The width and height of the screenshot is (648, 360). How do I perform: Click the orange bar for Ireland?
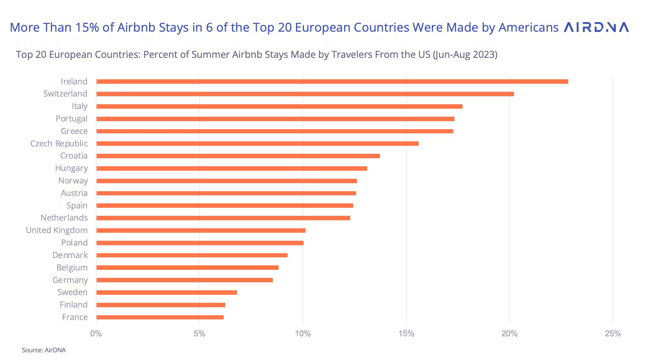click(332, 82)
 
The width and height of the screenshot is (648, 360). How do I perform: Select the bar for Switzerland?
click(305, 94)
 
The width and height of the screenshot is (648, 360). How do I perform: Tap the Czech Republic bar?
click(257, 144)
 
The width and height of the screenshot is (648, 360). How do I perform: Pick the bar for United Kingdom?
click(201, 231)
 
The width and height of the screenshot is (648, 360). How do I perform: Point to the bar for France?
click(160, 317)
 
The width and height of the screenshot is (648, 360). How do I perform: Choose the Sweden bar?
click(166, 293)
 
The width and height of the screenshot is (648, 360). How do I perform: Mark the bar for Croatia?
click(238, 156)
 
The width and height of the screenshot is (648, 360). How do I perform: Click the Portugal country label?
click(71, 119)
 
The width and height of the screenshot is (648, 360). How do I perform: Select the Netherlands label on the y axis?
click(64, 218)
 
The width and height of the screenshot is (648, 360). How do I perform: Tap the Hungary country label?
click(71, 168)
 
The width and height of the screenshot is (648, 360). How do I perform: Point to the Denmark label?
click(70, 255)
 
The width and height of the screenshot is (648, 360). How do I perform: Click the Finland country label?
click(74, 305)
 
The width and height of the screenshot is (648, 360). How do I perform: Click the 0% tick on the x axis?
click(96, 334)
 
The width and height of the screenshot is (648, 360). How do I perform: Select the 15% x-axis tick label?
click(406, 334)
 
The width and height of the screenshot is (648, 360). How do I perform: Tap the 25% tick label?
click(613, 334)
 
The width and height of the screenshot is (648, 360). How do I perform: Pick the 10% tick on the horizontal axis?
click(303, 334)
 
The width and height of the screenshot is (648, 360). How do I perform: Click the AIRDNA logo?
click(597, 27)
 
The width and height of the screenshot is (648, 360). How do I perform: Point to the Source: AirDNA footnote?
click(44, 350)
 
